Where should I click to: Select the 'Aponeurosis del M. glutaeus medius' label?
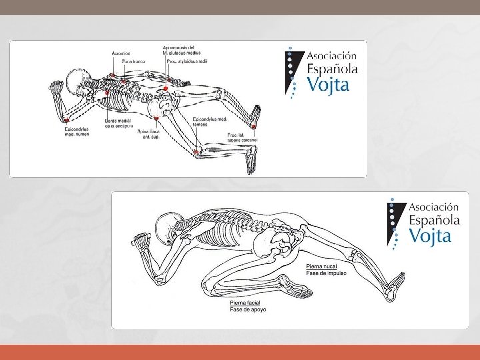tap(179, 50)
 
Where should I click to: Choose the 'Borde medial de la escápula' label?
tap(119, 123)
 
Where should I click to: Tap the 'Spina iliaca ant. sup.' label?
tap(149, 135)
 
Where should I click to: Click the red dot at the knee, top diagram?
tap(196, 152)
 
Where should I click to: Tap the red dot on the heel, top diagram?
tap(253, 125)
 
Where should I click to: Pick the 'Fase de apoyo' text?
tap(248, 309)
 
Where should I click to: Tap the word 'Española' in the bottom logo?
tap(434, 219)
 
